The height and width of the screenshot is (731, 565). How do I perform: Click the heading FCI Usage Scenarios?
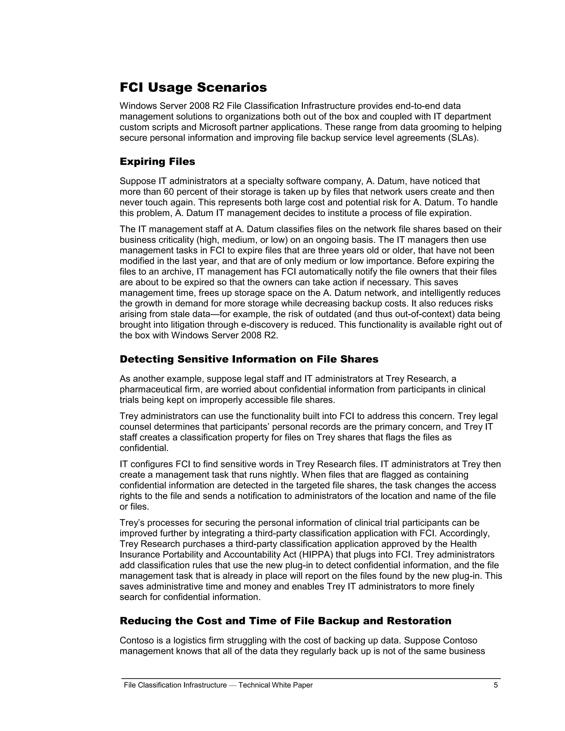coord(193,88)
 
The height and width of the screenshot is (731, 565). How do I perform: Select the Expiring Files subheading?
coord(157,162)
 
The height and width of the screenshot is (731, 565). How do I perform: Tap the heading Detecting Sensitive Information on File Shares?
coord(249,359)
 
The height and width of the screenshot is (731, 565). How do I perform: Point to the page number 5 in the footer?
coord(496,685)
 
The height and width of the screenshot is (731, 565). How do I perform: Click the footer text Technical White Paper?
coord(276,685)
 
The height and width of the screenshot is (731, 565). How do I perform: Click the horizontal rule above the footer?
coord(311,679)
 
